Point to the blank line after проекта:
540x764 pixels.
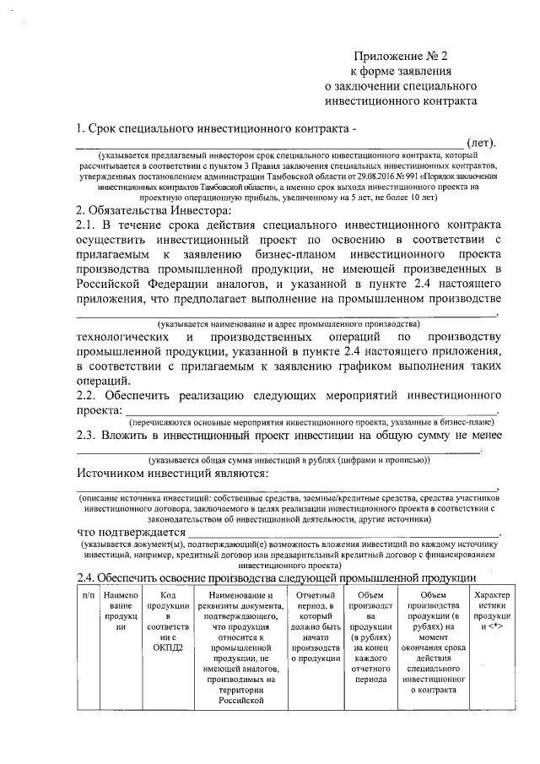coord(312,411)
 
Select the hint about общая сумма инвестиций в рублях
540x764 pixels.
coord(289,459)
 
